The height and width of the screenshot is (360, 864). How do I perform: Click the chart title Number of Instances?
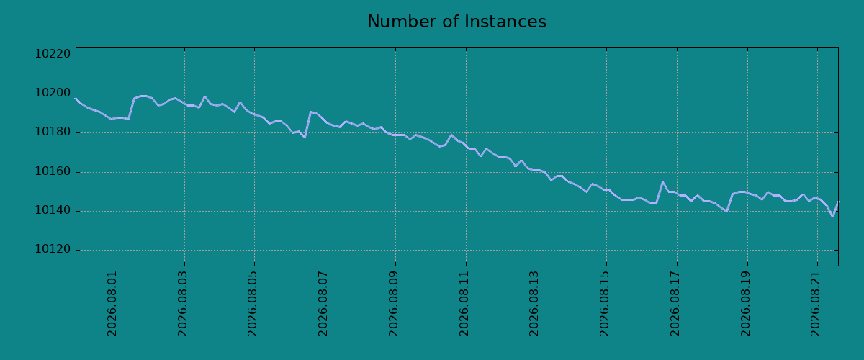click(x=456, y=22)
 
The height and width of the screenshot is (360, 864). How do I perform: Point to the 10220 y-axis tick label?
click(x=53, y=54)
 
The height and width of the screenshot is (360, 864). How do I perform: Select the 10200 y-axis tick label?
click(x=53, y=93)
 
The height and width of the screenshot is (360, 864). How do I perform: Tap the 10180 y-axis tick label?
click(x=53, y=132)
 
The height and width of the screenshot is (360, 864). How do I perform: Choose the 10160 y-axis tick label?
click(x=53, y=171)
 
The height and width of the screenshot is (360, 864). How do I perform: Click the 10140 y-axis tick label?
click(x=53, y=210)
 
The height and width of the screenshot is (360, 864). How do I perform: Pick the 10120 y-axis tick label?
click(x=53, y=249)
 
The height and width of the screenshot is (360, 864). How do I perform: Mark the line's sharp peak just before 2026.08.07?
click(x=310, y=112)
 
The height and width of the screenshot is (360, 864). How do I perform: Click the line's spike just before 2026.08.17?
click(x=662, y=182)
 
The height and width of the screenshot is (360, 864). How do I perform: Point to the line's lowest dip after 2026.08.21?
click(x=833, y=217)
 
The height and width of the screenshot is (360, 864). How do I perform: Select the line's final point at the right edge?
click(x=838, y=202)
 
